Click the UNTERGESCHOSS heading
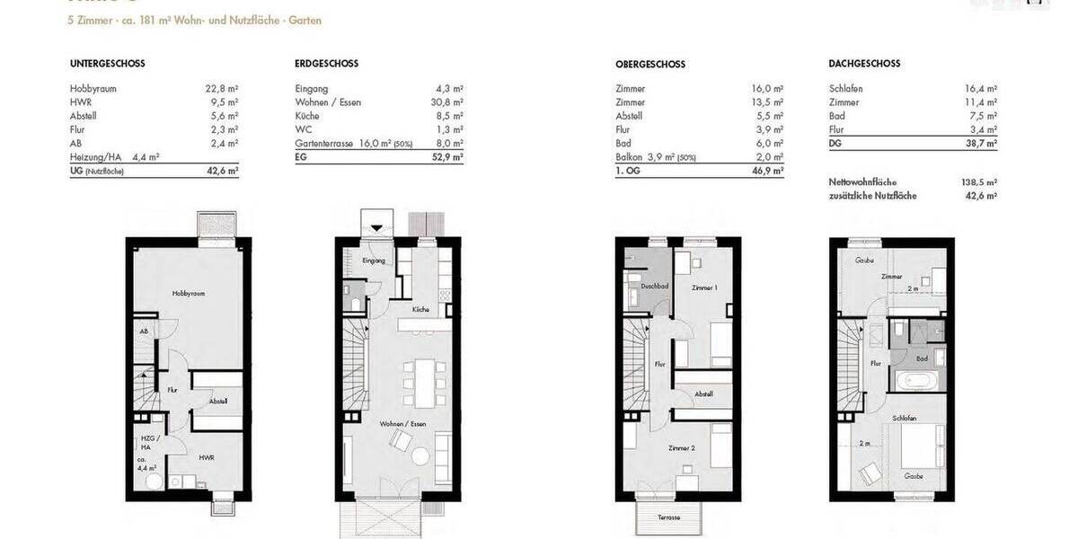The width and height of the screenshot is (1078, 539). pos(108,64)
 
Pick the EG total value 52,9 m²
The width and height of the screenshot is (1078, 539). pos(446,157)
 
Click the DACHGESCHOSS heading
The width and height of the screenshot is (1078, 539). pos(864,64)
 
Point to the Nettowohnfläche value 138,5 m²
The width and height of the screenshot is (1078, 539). pos(979,181)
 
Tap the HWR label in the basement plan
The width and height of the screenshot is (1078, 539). pos(206,457)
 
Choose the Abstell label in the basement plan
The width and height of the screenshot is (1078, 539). pos(218,401)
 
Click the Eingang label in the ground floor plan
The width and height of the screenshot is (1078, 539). pos(374,261)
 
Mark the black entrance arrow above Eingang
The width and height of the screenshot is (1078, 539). pos(377,227)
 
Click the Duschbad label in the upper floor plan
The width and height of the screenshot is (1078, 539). pos(654,287)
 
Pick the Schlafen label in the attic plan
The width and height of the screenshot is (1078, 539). pos(905,419)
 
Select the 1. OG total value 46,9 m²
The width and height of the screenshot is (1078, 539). pos(766,171)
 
